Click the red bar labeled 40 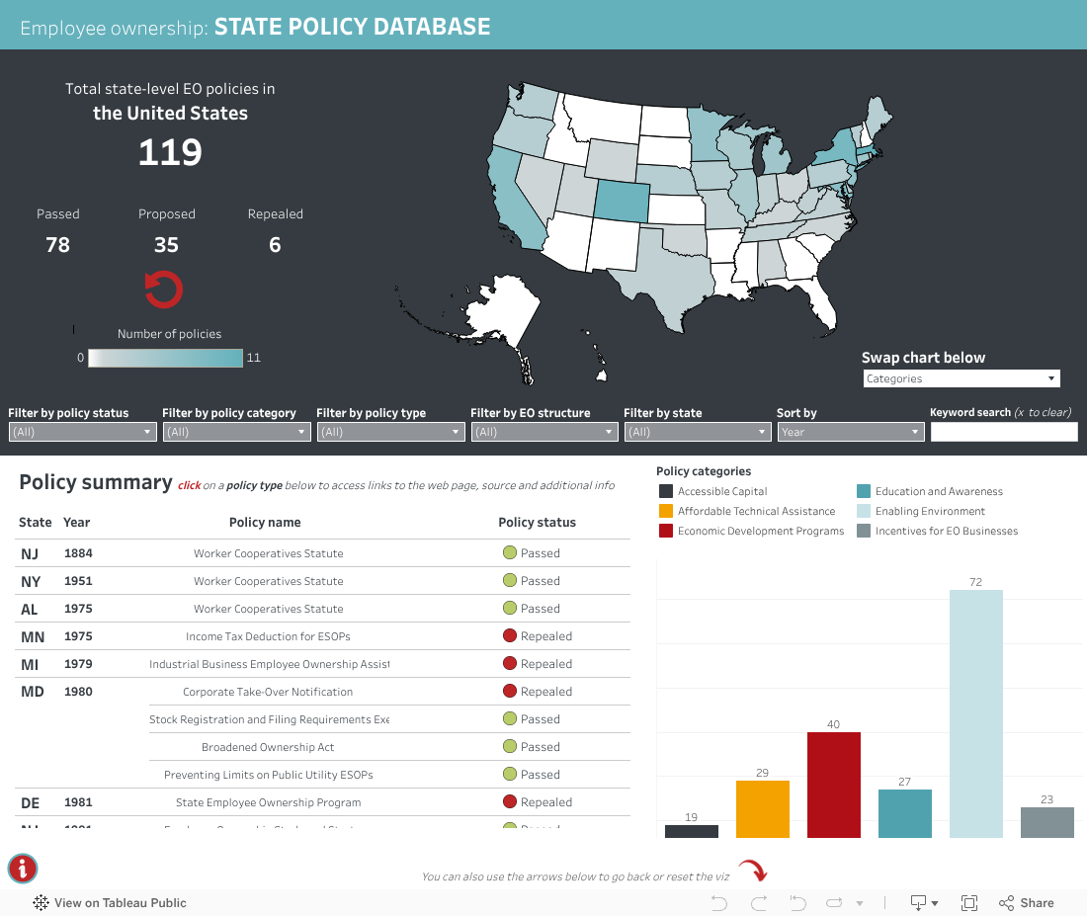833,785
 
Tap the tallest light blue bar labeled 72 975,713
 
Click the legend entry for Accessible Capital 722,491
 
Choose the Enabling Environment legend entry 930,511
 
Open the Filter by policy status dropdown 82,432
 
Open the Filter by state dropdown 697,432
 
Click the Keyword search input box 1003,432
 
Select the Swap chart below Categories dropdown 961,378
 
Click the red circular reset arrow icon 164,289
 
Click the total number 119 170,152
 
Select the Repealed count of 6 275,244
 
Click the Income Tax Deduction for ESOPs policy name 268,636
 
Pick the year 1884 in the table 78,553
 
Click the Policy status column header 537,522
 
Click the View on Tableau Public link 110,902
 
